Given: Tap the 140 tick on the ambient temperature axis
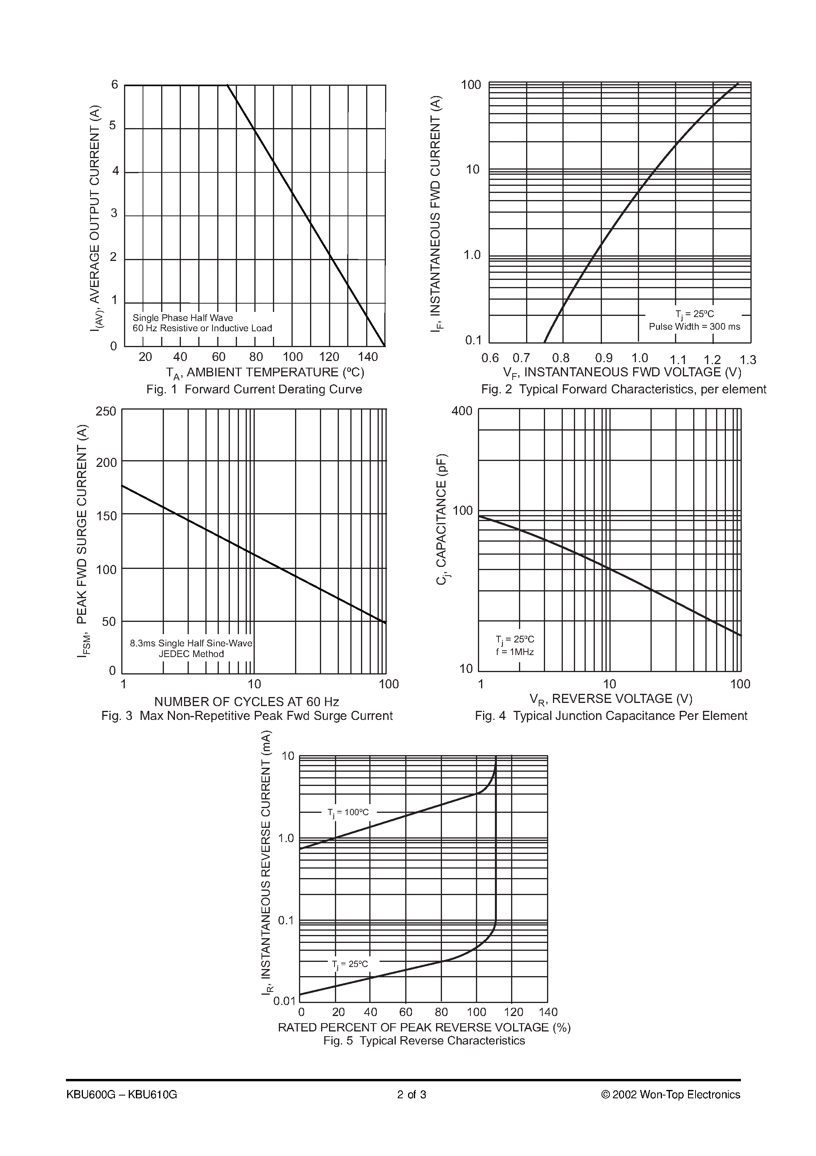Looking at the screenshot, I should tap(368, 357).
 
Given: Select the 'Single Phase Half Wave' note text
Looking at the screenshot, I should tap(182, 318).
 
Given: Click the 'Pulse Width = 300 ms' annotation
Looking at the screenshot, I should tap(694, 327).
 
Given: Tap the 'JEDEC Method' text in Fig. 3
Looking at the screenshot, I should tap(191, 654).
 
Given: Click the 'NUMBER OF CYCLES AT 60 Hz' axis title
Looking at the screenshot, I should tap(246, 701).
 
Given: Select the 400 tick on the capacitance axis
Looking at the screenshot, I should tap(462, 411).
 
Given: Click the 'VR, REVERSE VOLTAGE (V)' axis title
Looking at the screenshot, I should tap(611, 699).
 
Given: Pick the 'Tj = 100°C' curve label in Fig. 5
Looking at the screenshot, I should tap(348, 812).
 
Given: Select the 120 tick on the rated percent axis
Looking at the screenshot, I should tap(513, 1012).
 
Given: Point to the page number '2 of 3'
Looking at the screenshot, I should tap(412, 1095).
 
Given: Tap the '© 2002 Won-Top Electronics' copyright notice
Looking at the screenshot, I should tap(671, 1095).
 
